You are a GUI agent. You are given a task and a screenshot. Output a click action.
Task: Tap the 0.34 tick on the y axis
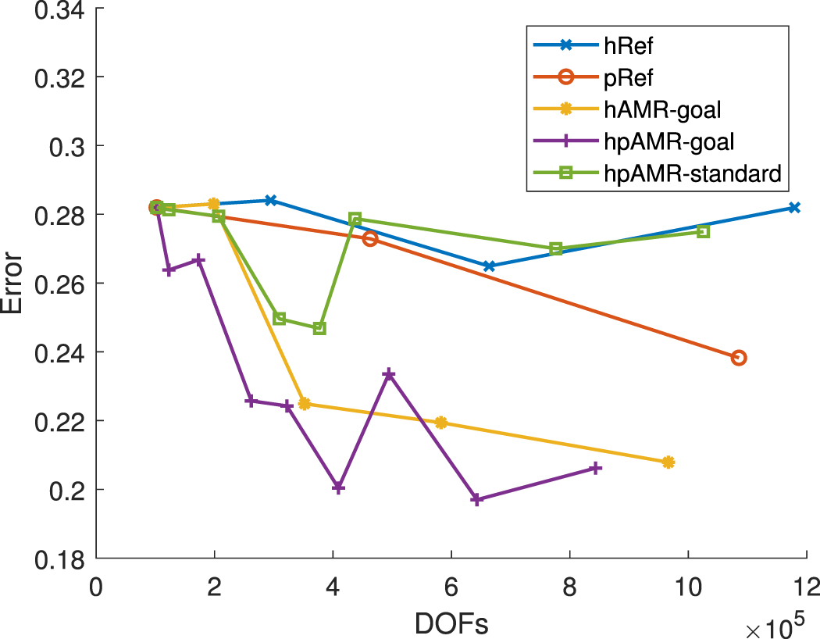click(59, 10)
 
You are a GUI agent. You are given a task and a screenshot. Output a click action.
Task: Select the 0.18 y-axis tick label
click(59, 559)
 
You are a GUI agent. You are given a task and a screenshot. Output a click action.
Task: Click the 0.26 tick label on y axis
click(59, 284)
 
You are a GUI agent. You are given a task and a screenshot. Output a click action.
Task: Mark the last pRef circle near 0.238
click(738, 358)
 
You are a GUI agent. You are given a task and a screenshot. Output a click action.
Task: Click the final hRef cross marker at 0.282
click(794, 207)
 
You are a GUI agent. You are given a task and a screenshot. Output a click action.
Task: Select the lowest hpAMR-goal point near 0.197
click(477, 499)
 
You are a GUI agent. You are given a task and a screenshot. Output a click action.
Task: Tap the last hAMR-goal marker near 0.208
click(668, 462)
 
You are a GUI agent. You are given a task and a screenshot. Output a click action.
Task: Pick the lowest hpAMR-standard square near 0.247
click(319, 328)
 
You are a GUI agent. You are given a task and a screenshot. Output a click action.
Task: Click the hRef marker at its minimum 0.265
click(489, 266)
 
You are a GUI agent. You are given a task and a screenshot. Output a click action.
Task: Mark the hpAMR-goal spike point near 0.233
click(389, 375)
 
